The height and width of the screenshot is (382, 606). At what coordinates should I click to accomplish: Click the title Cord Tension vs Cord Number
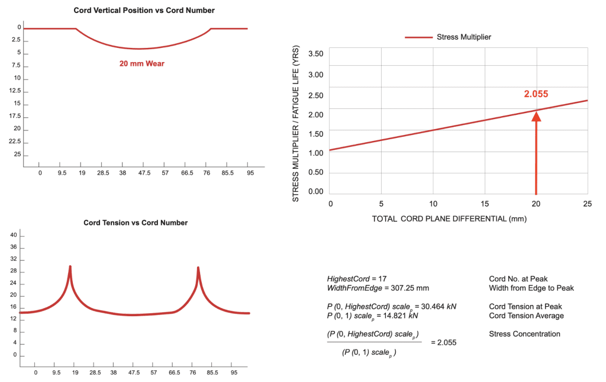136,223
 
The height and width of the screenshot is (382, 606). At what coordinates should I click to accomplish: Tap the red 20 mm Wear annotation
142,63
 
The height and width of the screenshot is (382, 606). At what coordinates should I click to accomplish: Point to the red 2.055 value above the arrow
536,94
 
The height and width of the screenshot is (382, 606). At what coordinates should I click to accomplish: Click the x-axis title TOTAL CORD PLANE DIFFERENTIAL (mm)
449,219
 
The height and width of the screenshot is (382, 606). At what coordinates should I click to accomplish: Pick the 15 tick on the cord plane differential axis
485,203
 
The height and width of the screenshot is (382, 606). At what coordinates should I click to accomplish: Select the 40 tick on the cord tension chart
14,236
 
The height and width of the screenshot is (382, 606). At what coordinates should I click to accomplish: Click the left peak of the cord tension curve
70,267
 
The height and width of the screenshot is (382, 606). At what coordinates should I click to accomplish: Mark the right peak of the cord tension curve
198,268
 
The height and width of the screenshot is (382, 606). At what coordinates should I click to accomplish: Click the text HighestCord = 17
357,278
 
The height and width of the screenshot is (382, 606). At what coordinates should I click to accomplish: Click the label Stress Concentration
524,334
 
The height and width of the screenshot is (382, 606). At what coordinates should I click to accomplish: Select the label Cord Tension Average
526,316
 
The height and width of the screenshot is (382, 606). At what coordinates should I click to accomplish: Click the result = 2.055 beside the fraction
443,342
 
